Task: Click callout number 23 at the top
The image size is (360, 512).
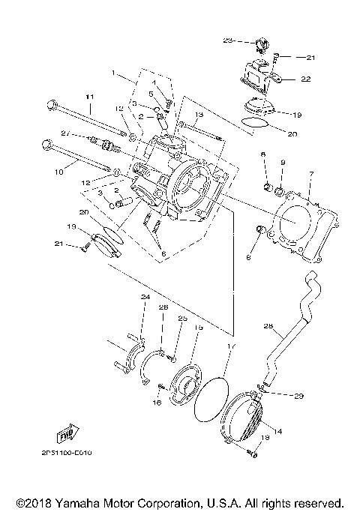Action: pos(229,39)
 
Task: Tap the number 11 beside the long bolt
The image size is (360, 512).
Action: pos(89,97)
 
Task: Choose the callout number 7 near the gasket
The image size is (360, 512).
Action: pos(310,174)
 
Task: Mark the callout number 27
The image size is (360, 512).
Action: pos(65,133)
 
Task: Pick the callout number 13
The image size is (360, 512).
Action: pos(200,115)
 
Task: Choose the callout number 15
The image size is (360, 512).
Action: pos(199,328)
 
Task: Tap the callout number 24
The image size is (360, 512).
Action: pos(145,298)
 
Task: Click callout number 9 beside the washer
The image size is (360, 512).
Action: pos(283,162)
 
